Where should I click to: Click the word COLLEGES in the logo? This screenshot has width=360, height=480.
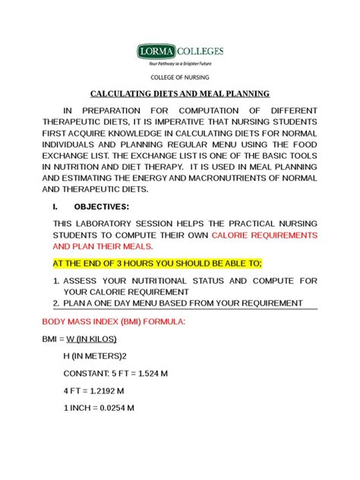point(201,51)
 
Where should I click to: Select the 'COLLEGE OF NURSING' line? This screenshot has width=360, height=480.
point(180,77)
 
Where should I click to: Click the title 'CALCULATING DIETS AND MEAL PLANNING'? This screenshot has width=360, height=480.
point(180,94)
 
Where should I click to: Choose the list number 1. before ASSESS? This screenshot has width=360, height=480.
point(57,281)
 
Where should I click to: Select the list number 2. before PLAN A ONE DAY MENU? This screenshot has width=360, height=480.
point(57,303)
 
